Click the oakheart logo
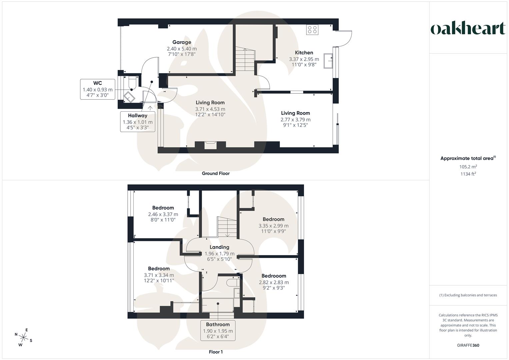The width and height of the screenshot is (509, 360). [x=468, y=29]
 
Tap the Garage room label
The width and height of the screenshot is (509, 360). [x=182, y=42]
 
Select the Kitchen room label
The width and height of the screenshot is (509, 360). [x=304, y=53]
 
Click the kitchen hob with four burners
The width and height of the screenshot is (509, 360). [x=312, y=30]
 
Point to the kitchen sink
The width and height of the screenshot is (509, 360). [x=328, y=61]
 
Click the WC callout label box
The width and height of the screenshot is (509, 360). [x=98, y=89]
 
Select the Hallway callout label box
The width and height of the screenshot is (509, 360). [x=138, y=122]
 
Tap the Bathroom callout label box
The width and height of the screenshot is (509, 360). [x=218, y=330]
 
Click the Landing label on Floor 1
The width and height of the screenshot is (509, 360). [x=219, y=247]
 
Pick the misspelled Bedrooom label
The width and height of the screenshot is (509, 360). [x=274, y=276]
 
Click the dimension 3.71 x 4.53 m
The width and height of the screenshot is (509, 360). [x=210, y=109]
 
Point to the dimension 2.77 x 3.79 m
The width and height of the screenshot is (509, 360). [x=295, y=119]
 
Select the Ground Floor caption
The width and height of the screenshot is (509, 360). [x=216, y=173]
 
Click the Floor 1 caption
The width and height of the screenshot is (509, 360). [x=216, y=352]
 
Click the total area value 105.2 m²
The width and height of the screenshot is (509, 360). [x=468, y=167]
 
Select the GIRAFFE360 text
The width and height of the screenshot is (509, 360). [x=468, y=345]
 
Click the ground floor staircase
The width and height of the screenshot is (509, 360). [x=245, y=60]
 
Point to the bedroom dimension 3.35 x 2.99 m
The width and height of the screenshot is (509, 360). [x=273, y=226]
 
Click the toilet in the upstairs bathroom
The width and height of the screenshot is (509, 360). [x=232, y=283]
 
